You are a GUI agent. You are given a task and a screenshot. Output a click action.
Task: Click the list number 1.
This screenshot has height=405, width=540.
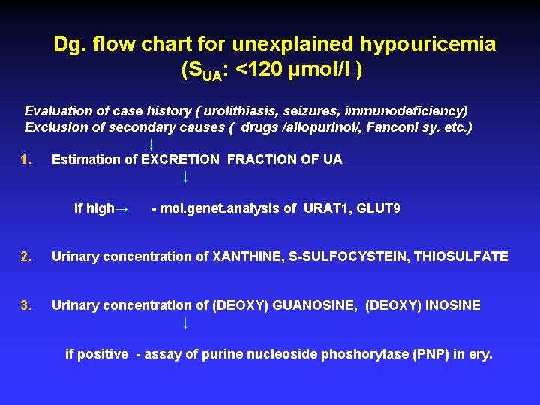tap(26, 160)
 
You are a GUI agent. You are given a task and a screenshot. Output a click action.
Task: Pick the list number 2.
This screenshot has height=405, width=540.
tap(26, 256)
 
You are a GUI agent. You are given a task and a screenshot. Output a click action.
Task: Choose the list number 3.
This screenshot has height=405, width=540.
tap(26, 305)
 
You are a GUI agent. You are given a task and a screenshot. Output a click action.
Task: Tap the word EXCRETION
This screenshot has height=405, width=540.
tap(181, 160)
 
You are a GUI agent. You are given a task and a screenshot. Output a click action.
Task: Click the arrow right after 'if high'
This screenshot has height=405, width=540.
tap(124, 209)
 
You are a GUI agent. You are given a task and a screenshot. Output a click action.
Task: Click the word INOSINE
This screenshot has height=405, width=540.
tap(453, 305)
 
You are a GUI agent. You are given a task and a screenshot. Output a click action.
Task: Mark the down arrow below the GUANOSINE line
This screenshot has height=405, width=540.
tap(185, 323)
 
